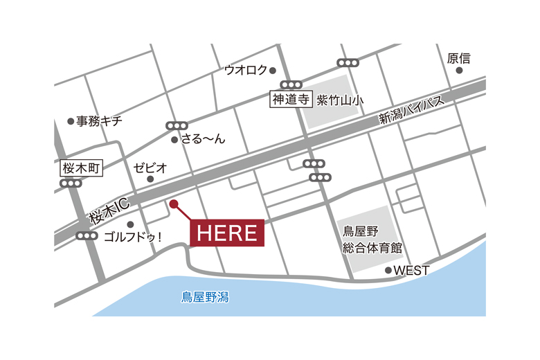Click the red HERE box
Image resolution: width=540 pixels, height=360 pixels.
[x=227, y=233]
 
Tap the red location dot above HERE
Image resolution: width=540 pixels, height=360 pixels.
[x=174, y=204]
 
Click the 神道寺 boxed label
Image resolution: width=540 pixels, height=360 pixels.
[x=291, y=100]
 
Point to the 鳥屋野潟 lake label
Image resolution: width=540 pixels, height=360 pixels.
[x=205, y=298]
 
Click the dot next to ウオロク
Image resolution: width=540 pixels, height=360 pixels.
[x=273, y=70]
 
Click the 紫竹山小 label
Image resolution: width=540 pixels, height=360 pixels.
[x=339, y=100]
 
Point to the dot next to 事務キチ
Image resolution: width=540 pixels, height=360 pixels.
[x=71, y=121]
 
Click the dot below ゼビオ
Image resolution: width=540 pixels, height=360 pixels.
[x=150, y=179]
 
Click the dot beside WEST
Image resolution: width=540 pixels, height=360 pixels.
[x=388, y=270]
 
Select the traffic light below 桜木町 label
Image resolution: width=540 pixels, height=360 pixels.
[x=71, y=183]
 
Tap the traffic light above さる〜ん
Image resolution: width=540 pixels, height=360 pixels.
[x=177, y=126]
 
